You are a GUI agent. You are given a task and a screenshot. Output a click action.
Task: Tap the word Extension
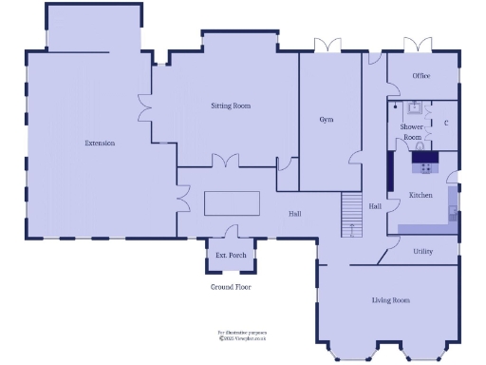click(x=100, y=143)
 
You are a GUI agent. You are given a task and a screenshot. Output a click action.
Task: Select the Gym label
click(x=327, y=120)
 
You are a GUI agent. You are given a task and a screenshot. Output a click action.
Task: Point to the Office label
click(x=421, y=76)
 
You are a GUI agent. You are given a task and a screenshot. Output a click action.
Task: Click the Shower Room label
click(x=411, y=131)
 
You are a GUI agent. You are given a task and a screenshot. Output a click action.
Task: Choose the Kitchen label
click(x=421, y=195)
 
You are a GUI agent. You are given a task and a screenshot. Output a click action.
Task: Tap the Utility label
click(x=422, y=251)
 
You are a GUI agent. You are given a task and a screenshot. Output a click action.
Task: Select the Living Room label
click(x=390, y=300)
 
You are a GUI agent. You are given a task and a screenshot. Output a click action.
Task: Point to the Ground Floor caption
click(x=230, y=285)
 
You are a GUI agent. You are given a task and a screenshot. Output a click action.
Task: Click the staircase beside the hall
click(x=352, y=215)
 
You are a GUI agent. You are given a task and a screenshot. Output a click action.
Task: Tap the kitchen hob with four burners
click(x=423, y=167)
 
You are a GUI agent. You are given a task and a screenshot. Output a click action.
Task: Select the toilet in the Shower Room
click(x=395, y=107)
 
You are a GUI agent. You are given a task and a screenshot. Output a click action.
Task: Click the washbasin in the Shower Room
click(x=415, y=108)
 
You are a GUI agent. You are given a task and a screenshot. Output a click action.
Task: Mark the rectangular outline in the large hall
click(x=232, y=203)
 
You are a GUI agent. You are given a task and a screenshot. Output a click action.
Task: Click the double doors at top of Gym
click(x=327, y=45)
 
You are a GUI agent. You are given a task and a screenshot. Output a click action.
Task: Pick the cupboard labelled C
click(x=445, y=122)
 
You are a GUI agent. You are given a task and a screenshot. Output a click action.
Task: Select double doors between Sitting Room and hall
click(x=226, y=162)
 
